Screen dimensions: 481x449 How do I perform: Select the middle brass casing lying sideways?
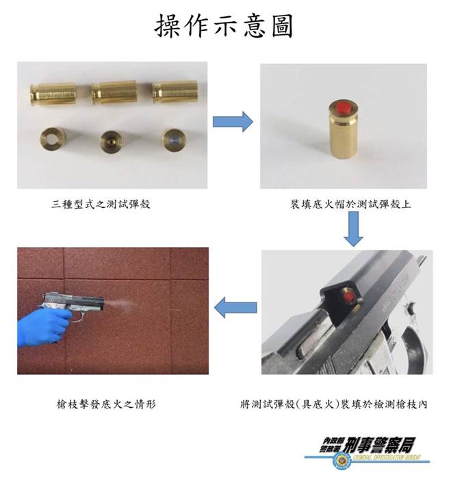(x=114, y=93)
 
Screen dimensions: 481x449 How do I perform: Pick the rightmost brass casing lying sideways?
(x=175, y=93)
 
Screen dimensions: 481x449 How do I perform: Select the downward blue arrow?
(x=353, y=229)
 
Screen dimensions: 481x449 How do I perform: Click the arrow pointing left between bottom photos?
(x=235, y=309)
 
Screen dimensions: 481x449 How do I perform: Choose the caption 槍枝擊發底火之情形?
(x=106, y=404)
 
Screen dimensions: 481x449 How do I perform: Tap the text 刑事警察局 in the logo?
(x=380, y=444)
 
